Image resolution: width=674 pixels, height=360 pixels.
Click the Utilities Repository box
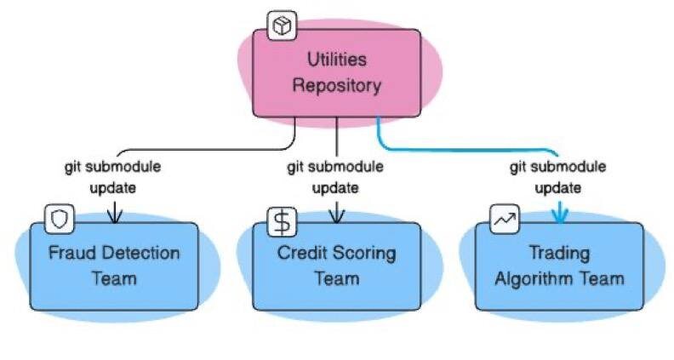[x=336, y=72]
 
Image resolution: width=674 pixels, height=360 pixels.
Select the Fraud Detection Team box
[x=114, y=266]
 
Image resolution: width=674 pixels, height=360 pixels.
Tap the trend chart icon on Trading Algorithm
[x=504, y=220]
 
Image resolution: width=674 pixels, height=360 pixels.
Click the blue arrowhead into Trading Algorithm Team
[x=559, y=214]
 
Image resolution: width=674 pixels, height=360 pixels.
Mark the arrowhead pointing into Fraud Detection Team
[x=114, y=216]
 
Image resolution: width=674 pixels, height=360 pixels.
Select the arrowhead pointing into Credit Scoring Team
[x=337, y=216]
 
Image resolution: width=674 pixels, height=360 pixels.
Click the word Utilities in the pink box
[x=337, y=60]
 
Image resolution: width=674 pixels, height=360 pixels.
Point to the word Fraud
[x=69, y=254]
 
